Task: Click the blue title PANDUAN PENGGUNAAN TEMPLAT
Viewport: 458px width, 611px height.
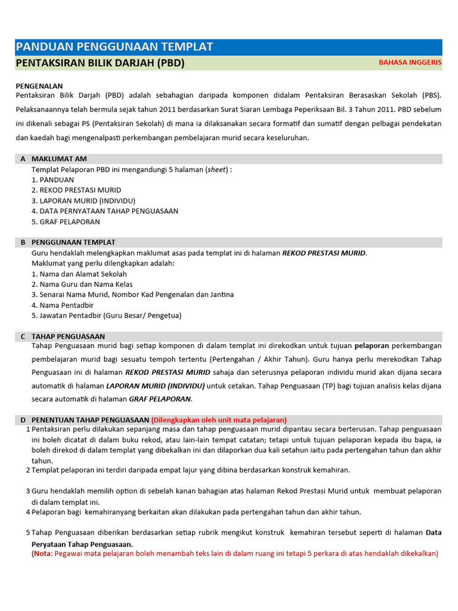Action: (x=114, y=47)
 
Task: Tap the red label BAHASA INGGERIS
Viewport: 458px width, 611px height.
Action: (x=410, y=63)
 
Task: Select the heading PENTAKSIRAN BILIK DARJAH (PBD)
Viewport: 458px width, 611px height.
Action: (x=100, y=63)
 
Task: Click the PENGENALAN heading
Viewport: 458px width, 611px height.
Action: (x=39, y=86)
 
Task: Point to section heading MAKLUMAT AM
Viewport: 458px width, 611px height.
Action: (x=59, y=159)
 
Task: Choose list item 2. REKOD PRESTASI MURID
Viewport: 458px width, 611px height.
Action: (x=76, y=190)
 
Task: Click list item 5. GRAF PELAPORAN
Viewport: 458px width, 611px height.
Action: (x=66, y=221)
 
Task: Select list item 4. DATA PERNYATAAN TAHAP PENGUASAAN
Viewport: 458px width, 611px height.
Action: (x=104, y=211)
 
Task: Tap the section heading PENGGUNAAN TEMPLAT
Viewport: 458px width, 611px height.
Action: (x=73, y=242)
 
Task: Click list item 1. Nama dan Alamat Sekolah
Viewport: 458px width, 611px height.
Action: (x=79, y=274)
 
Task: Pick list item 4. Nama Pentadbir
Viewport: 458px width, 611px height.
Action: (x=63, y=305)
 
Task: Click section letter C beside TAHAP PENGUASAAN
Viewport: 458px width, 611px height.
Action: (x=23, y=337)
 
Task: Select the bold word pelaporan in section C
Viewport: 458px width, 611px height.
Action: (x=372, y=346)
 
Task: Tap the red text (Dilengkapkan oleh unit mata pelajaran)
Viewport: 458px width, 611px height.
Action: (x=219, y=420)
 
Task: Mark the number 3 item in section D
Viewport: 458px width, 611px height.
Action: (x=27, y=491)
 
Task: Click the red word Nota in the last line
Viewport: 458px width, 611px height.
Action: (x=42, y=553)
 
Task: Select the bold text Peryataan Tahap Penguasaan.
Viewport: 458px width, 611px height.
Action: (x=82, y=544)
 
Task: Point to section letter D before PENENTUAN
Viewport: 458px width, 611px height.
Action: (x=23, y=420)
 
